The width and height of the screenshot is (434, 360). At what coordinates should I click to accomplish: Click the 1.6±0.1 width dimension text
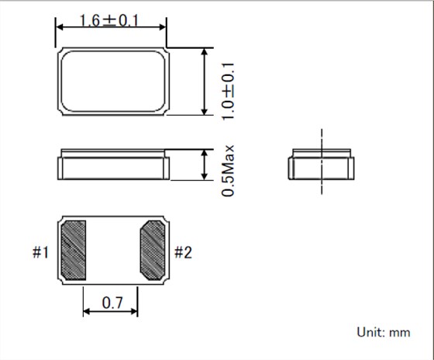coord(109,20)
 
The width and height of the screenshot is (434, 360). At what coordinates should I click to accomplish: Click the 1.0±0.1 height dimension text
coord(228,92)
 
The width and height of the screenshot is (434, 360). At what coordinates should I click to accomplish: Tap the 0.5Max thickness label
coord(228,171)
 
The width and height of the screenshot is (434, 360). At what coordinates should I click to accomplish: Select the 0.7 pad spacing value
coord(112,303)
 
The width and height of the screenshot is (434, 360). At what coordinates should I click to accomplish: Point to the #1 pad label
coord(40,252)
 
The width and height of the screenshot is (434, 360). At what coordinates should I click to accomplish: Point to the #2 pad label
coord(183,252)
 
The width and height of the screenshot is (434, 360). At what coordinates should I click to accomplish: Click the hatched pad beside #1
coord(73,250)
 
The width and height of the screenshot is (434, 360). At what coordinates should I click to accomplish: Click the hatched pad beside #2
coord(153,250)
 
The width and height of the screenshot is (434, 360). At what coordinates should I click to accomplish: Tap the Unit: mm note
coord(384,332)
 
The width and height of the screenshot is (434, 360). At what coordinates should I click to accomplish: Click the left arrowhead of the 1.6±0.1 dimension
coord(59,27)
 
